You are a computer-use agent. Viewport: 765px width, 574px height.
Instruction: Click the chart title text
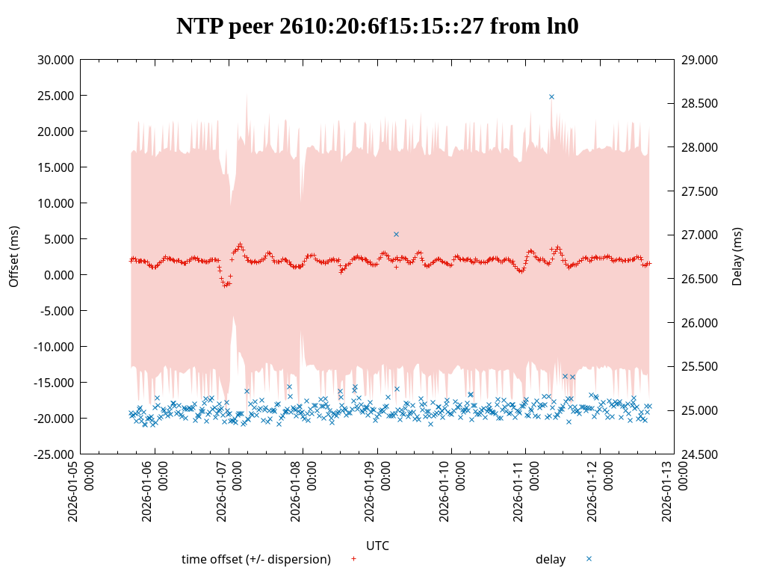377,26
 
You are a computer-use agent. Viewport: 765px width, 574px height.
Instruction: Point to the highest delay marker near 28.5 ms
551,96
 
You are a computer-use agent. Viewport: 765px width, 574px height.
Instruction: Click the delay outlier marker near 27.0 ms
396,234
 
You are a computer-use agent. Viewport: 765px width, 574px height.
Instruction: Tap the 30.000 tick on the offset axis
55,60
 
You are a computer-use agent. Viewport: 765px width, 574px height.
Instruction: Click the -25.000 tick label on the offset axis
54,454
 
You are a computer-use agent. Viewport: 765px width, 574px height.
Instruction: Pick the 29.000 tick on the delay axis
700,60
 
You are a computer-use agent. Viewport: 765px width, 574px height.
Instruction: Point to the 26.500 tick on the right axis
700,279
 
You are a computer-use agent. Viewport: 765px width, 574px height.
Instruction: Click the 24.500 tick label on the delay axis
700,454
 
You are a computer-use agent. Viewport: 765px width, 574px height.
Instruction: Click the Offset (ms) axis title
13,256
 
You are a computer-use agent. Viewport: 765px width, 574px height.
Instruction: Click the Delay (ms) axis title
737,256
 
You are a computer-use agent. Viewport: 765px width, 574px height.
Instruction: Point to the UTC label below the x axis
377,546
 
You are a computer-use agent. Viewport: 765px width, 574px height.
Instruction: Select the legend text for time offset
256,559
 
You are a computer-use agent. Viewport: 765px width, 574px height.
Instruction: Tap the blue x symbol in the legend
589,558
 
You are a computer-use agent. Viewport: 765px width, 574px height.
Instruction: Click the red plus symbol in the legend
353,558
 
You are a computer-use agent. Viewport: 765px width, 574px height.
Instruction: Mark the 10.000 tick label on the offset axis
55,203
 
